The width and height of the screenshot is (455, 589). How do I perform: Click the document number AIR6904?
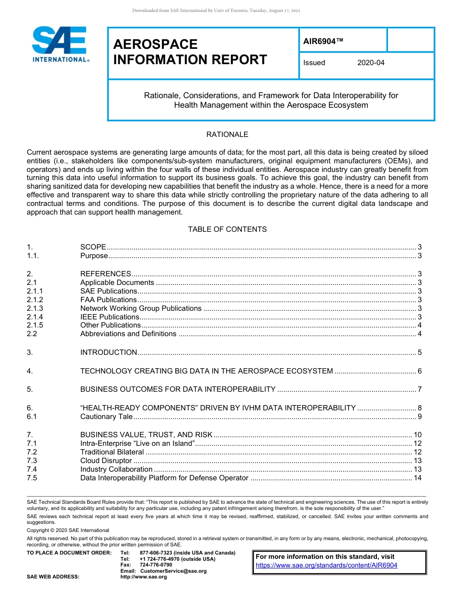323,41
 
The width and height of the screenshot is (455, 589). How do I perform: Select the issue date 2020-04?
371,63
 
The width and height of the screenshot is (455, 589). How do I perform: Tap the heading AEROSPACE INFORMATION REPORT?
190,52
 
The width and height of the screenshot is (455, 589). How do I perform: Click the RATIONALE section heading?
227,135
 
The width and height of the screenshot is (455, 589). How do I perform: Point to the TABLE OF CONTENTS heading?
227,229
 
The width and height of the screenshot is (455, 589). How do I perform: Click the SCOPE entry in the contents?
93,247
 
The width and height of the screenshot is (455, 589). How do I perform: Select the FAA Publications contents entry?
108,300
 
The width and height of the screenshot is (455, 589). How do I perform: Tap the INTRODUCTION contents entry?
109,352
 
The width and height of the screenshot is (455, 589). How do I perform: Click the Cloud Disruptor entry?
106,461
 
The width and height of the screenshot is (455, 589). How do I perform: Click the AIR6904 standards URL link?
327,565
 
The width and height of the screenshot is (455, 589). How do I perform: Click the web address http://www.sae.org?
144,577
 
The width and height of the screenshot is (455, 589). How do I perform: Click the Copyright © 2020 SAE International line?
68,530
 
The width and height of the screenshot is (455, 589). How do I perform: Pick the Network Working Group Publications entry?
141,308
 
